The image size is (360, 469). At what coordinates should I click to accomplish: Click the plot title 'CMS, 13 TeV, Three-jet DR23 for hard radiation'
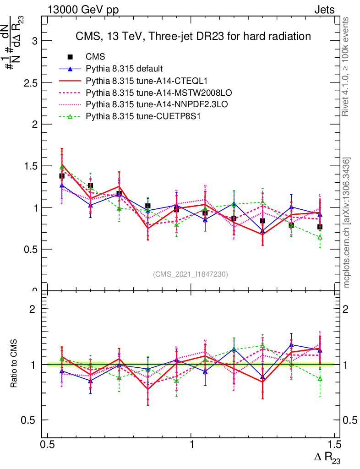point(193,36)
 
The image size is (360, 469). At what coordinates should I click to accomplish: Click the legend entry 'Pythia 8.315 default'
point(124,69)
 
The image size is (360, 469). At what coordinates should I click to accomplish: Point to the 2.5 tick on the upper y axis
point(30,83)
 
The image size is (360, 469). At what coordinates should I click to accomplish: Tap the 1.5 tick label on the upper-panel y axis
point(30,166)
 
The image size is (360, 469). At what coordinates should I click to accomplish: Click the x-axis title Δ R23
point(327,458)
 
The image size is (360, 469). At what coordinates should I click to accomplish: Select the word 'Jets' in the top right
point(324,10)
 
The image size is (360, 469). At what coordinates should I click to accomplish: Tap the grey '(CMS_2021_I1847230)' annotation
point(191,274)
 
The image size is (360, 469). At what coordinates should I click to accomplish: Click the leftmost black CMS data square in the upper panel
point(62,176)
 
